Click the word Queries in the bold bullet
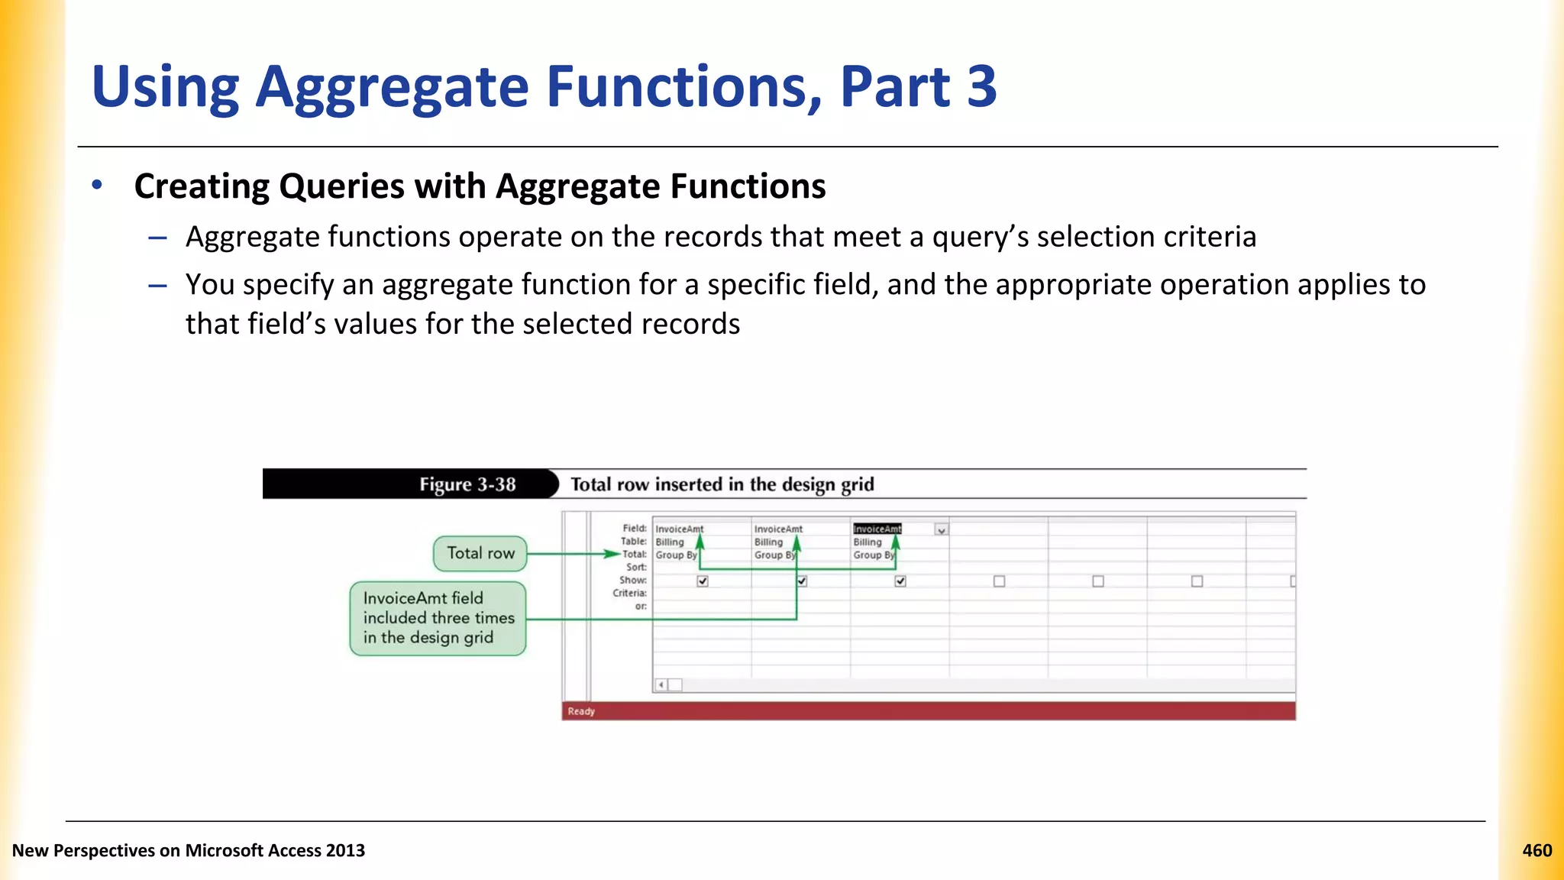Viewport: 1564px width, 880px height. (341, 186)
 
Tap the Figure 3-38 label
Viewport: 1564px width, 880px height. (467, 484)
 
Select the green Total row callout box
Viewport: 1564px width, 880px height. (480, 553)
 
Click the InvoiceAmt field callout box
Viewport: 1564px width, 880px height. (438, 618)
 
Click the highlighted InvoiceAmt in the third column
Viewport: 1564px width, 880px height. (877, 529)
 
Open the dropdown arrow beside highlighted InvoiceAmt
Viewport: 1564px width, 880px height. (942, 529)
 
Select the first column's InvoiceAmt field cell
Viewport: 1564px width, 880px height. (679, 529)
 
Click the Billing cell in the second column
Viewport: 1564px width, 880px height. (768, 542)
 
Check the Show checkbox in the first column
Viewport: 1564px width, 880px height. (703, 581)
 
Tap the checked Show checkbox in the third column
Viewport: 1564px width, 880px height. (900, 581)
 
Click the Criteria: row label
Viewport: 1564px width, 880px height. (629, 593)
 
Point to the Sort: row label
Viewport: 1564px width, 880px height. (636, 567)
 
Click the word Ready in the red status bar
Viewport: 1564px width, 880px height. (581, 711)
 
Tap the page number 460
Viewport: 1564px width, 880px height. (1537, 850)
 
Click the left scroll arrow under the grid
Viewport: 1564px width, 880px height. (661, 684)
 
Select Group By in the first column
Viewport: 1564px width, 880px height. (675, 555)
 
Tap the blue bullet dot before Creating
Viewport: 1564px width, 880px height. (96, 185)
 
